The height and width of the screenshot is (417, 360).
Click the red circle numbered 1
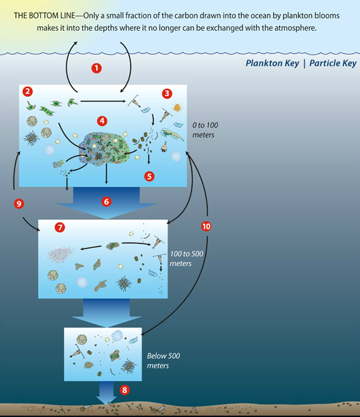pyautogui.click(x=97, y=68)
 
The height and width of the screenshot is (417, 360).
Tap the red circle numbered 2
pyautogui.click(x=27, y=92)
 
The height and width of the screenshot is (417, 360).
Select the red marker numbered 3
pyautogui.click(x=167, y=94)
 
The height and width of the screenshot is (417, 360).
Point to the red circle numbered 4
pyautogui.click(x=102, y=121)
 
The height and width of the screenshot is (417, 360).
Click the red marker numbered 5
pyautogui.click(x=149, y=176)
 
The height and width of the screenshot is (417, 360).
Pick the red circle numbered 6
pyautogui.click(x=106, y=202)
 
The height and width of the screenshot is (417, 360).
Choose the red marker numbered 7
pyautogui.click(x=60, y=227)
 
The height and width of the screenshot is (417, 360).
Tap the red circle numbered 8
pyautogui.click(x=124, y=390)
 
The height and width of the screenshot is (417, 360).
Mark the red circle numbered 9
pyautogui.click(x=19, y=204)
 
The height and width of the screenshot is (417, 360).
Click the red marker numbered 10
pyautogui.click(x=206, y=227)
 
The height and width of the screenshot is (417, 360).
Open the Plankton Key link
pyautogui.click(x=273, y=63)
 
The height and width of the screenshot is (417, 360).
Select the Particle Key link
pyautogui.click(x=333, y=63)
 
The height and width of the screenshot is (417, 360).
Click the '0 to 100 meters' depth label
pyautogui.click(x=205, y=130)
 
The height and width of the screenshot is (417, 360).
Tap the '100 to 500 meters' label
pyautogui.click(x=186, y=259)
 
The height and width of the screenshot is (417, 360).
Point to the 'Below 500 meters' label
pyautogui.click(x=163, y=361)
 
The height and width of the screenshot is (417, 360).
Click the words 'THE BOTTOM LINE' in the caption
pyautogui.click(x=44, y=15)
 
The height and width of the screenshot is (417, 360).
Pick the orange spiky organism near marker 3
pyautogui.click(x=177, y=108)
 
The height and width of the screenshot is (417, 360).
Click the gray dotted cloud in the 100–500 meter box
pyautogui.click(x=60, y=254)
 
